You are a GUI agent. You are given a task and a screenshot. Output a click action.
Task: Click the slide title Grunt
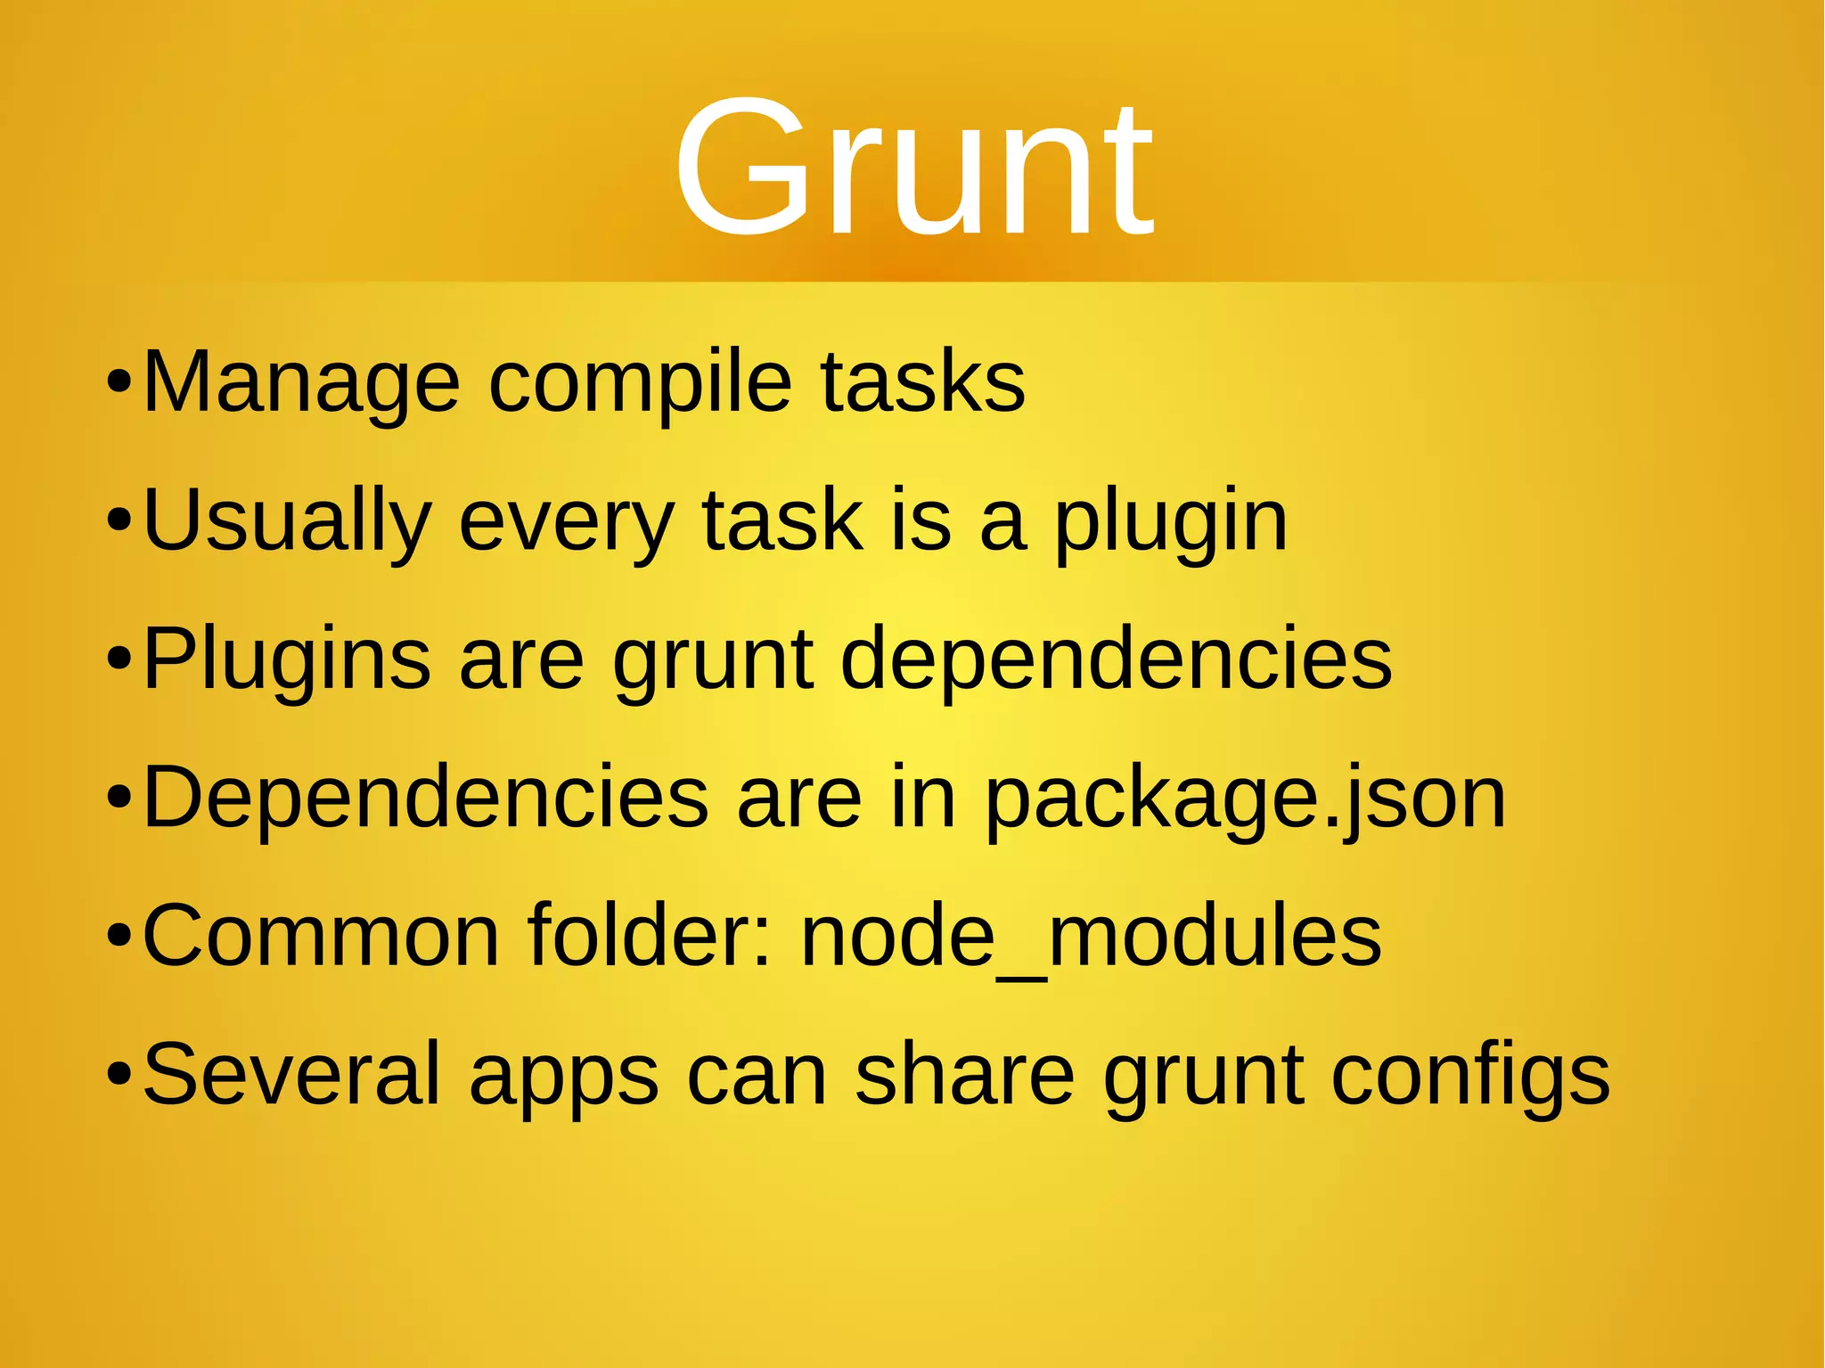coord(913,169)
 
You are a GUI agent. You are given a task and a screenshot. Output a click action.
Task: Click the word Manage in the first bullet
coord(301,383)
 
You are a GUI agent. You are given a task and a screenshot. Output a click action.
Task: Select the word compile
coord(640,383)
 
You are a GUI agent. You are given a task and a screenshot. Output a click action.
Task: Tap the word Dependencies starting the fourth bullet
coord(426,798)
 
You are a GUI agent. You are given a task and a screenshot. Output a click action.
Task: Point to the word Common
coord(321,936)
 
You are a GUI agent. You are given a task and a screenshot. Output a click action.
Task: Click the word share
coord(964,1075)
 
